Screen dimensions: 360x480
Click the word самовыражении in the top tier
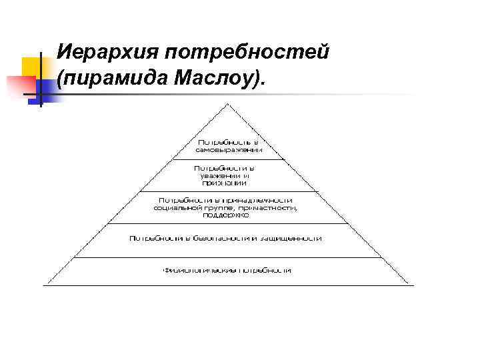pyautogui.click(x=228, y=150)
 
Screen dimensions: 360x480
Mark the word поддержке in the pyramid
pyautogui.click(x=227, y=215)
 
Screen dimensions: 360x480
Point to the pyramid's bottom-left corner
pyautogui.click(x=44, y=285)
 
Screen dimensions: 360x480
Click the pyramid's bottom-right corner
pyautogui.click(x=413, y=285)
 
